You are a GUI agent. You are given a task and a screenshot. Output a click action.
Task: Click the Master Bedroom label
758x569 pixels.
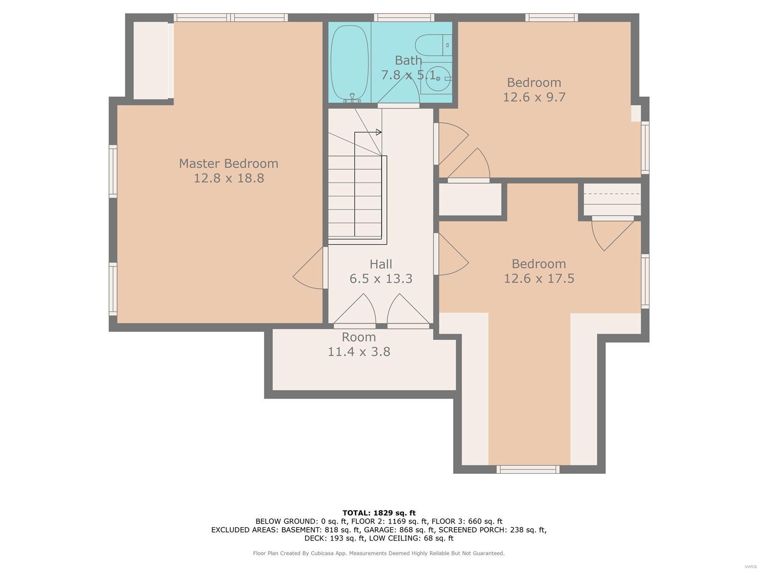[228, 164]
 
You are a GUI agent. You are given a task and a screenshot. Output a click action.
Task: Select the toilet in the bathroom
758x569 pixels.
[433, 45]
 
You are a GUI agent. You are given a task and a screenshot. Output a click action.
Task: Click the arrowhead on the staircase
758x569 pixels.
[379, 132]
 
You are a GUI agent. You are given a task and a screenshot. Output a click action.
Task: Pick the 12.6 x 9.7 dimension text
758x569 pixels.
[534, 97]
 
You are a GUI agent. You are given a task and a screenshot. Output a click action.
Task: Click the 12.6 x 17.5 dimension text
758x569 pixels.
[539, 278]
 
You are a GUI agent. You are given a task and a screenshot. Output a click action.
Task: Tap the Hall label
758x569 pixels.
[380, 264]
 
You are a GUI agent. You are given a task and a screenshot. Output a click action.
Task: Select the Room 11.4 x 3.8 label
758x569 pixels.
[359, 344]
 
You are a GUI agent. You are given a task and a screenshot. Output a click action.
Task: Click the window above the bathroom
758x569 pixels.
[404, 17]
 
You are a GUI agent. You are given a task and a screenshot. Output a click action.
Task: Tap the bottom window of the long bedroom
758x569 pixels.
[528, 469]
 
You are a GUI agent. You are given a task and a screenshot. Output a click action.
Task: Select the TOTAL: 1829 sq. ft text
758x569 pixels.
[379, 513]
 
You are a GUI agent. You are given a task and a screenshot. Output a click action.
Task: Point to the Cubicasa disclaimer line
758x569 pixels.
[379, 553]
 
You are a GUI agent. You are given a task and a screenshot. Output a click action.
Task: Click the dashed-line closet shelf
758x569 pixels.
[612, 194]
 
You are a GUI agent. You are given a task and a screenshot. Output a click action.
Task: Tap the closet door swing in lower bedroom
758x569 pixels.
[613, 234]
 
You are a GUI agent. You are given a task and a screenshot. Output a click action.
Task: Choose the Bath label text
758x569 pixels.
[408, 60]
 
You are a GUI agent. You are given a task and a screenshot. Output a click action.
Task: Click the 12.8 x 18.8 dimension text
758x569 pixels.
[229, 178]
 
